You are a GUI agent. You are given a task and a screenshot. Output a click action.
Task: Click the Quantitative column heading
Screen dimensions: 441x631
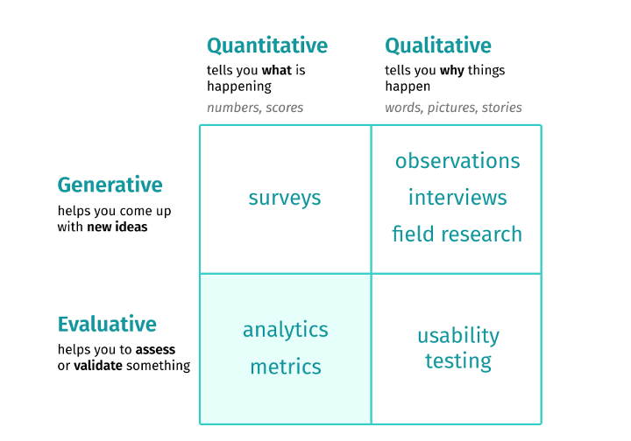click(x=266, y=45)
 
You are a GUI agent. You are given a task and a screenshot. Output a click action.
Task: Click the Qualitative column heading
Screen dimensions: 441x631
click(x=438, y=45)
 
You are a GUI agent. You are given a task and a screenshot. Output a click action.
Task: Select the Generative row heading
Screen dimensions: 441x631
click(x=110, y=185)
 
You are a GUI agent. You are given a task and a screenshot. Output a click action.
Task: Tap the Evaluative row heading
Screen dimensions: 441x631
click(x=107, y=325)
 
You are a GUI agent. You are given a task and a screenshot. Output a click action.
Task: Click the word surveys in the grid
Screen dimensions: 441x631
click(x=285, y=198)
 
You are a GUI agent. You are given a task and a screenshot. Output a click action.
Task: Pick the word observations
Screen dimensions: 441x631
click(x=457, y=161)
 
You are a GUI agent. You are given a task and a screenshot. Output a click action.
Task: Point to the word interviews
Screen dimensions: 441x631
click(x=457, y=198)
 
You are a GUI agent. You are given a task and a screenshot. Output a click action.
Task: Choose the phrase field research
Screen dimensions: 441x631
click(x=457, y=234)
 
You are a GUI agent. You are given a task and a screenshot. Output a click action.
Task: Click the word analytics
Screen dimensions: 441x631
click(x=286, y=330)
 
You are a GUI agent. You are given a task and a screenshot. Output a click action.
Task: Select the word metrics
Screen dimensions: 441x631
click(x=286, y=367)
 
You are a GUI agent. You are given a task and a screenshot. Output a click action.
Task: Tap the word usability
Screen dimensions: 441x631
click(x=458, y=336)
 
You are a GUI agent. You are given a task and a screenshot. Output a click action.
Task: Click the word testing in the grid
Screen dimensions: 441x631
click(x=458, y=360)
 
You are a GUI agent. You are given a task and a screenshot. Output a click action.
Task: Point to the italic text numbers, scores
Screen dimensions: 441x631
click(x=255, y=108)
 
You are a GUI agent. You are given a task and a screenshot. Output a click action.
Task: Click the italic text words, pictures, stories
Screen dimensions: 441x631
click(x=453, y=108)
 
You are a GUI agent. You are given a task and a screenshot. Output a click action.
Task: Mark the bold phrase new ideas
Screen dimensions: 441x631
click(x=117, y=227)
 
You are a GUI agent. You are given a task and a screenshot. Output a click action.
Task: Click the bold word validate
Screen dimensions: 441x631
click(x=98, y=366)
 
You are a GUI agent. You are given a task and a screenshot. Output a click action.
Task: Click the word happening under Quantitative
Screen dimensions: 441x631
click(x=239, y=87)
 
